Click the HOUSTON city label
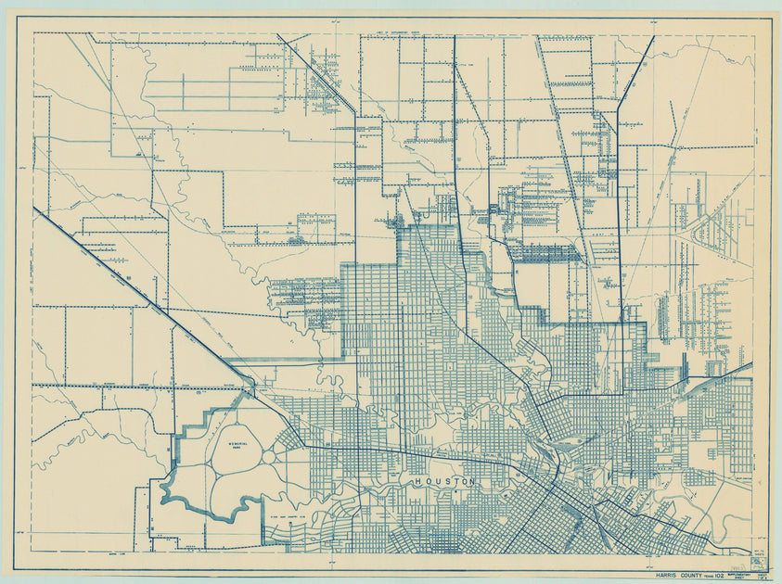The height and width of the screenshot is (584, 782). (x=444, y=482)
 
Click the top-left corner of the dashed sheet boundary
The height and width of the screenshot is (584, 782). (x=34, y=33)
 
